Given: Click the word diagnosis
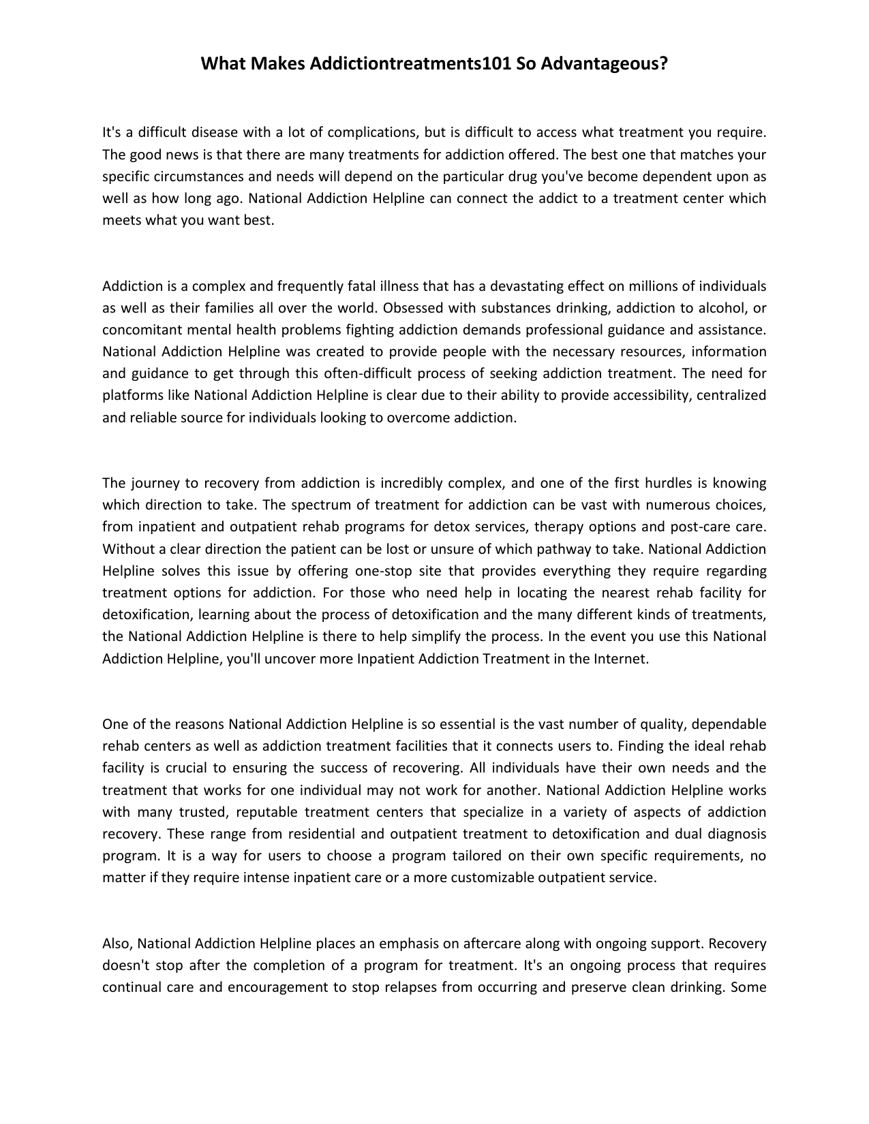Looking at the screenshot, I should [x=737, y=834].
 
